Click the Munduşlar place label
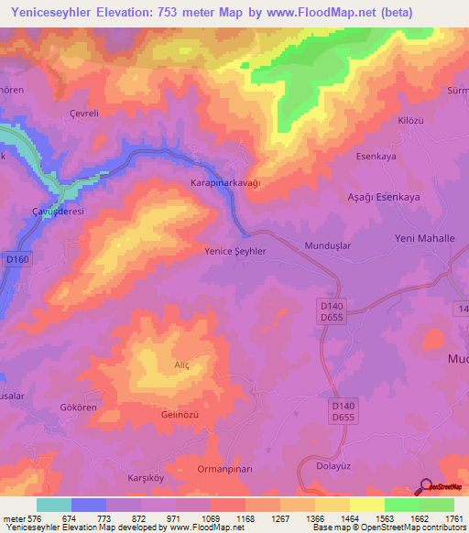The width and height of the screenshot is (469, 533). point(328,246)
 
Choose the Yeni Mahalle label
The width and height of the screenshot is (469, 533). point(424,238)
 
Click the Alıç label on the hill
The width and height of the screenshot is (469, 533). point(181,364)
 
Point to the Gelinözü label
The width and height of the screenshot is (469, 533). point(180,415)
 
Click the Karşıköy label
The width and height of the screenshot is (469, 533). point(144,479)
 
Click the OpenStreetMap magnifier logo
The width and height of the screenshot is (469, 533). point(426,487)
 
